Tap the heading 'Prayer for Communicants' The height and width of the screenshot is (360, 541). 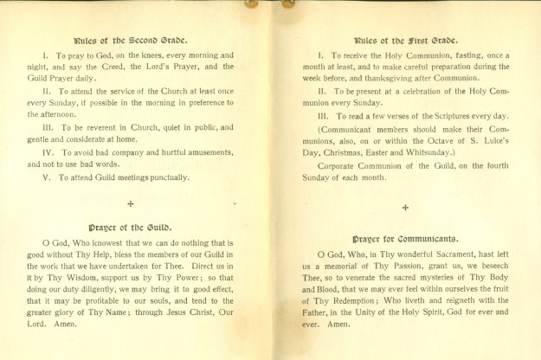(406, 236)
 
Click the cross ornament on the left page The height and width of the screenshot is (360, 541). (130, 203)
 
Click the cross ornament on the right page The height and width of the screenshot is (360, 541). (405, 208)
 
